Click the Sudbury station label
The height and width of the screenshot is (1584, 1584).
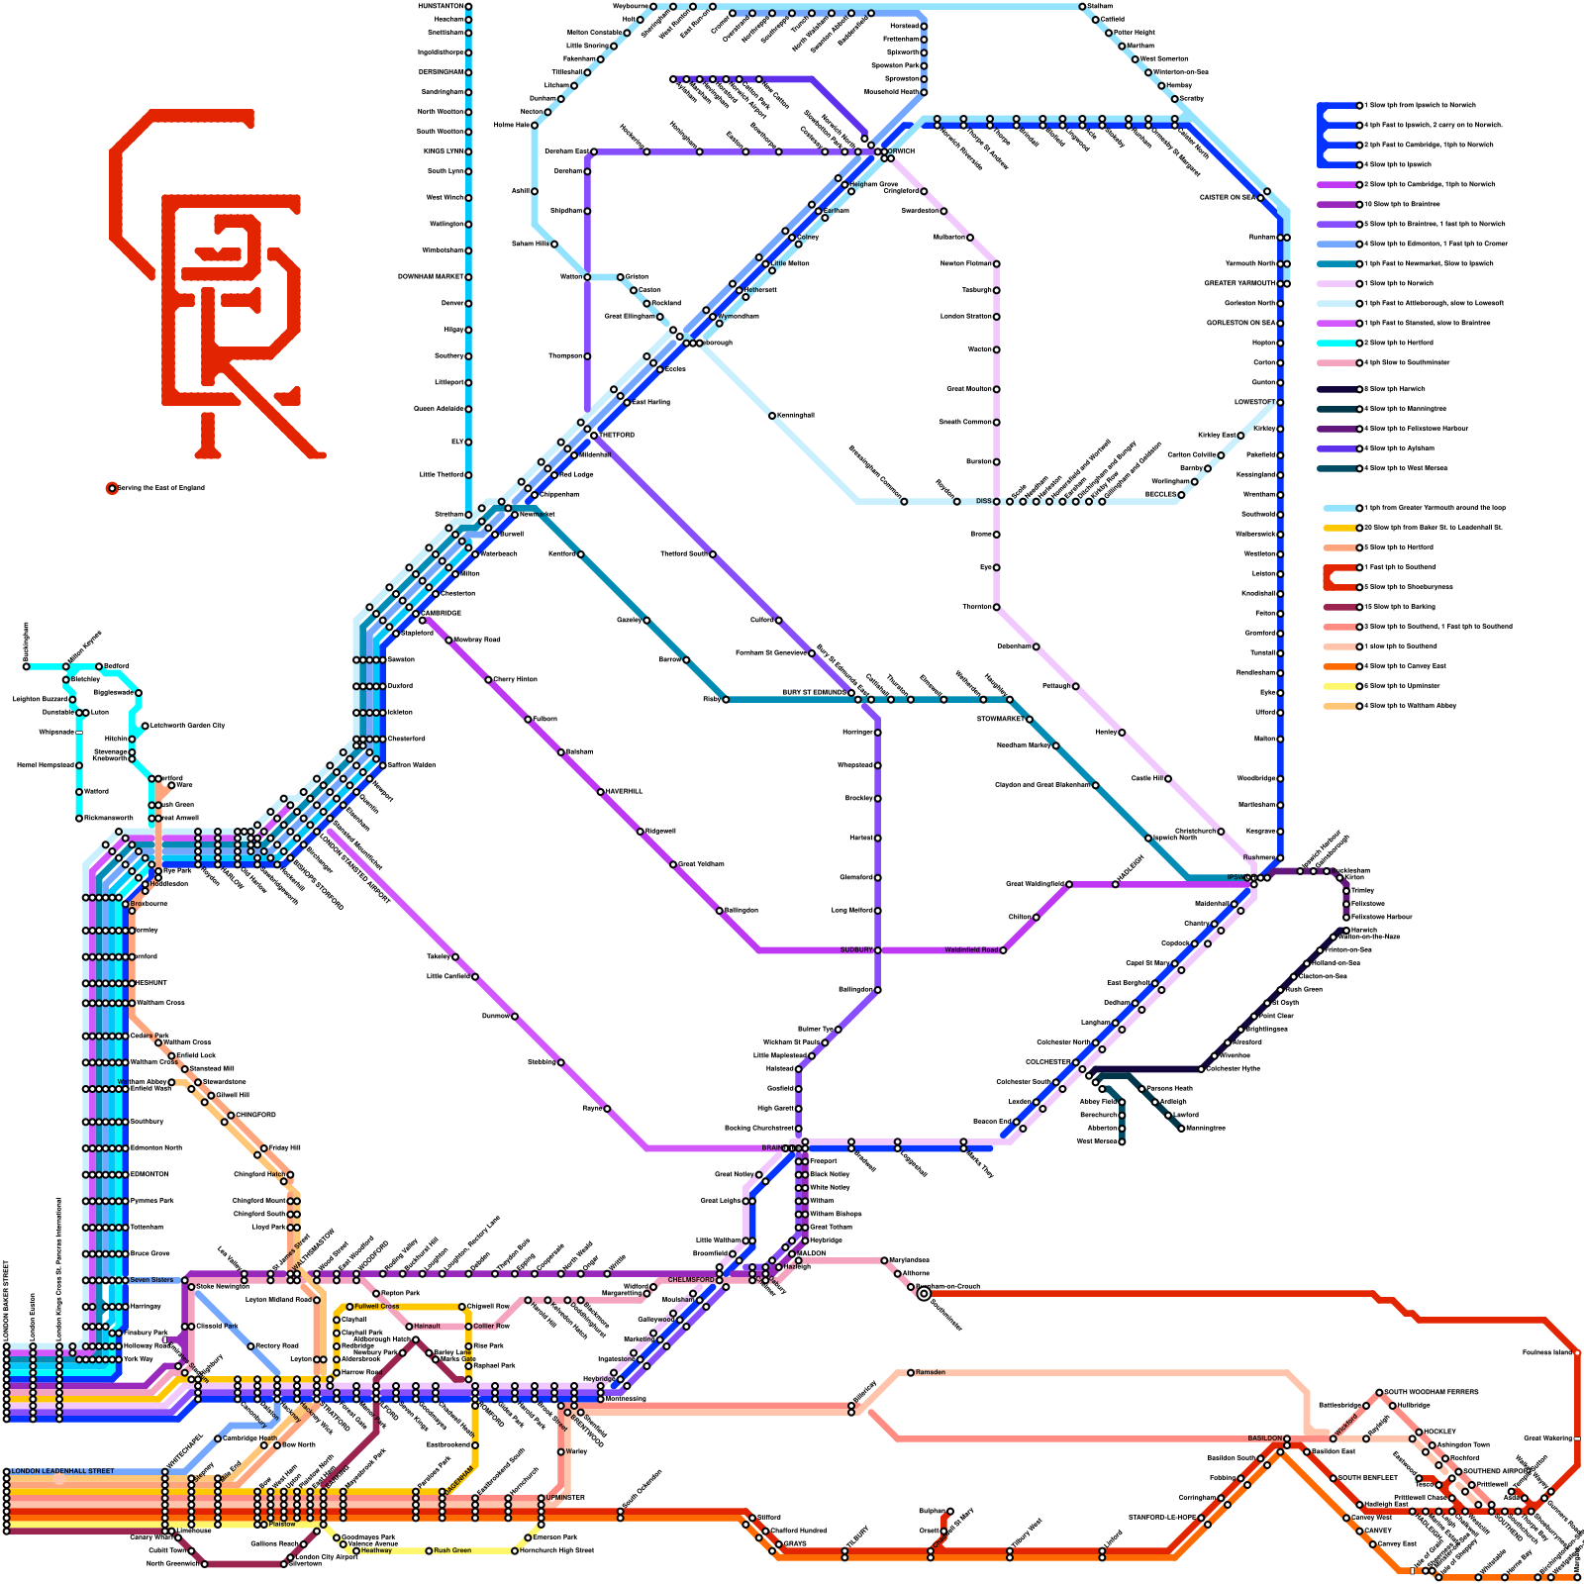click(x=856, y=950)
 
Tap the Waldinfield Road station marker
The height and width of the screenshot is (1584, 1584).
click(x=1003, y=950)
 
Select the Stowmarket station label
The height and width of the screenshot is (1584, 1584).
click(x=1000, y=720)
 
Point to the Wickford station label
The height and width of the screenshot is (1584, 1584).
click(x=1346, y=1426)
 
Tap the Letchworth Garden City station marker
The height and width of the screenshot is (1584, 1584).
click(x=146, y=726)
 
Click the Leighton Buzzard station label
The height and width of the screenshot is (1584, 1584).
click(x=40, y=699)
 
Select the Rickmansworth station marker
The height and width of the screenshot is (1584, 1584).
click(x=79, y=819)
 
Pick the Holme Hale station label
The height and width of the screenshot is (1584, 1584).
click(x=511, y=126)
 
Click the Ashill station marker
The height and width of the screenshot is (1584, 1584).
click(x=535, y=191)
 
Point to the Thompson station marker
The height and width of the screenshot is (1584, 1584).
click(x=587, y=356)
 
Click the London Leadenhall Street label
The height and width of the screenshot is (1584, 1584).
click(x=62, y=1471)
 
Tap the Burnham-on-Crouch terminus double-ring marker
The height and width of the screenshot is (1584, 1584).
click(x=924, y=1294)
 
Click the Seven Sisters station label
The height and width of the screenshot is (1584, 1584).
click(x=151, y=1280)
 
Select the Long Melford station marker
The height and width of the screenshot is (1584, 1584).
click(x=877, y=911)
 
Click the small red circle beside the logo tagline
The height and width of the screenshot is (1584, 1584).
click(x=112, y=488)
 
